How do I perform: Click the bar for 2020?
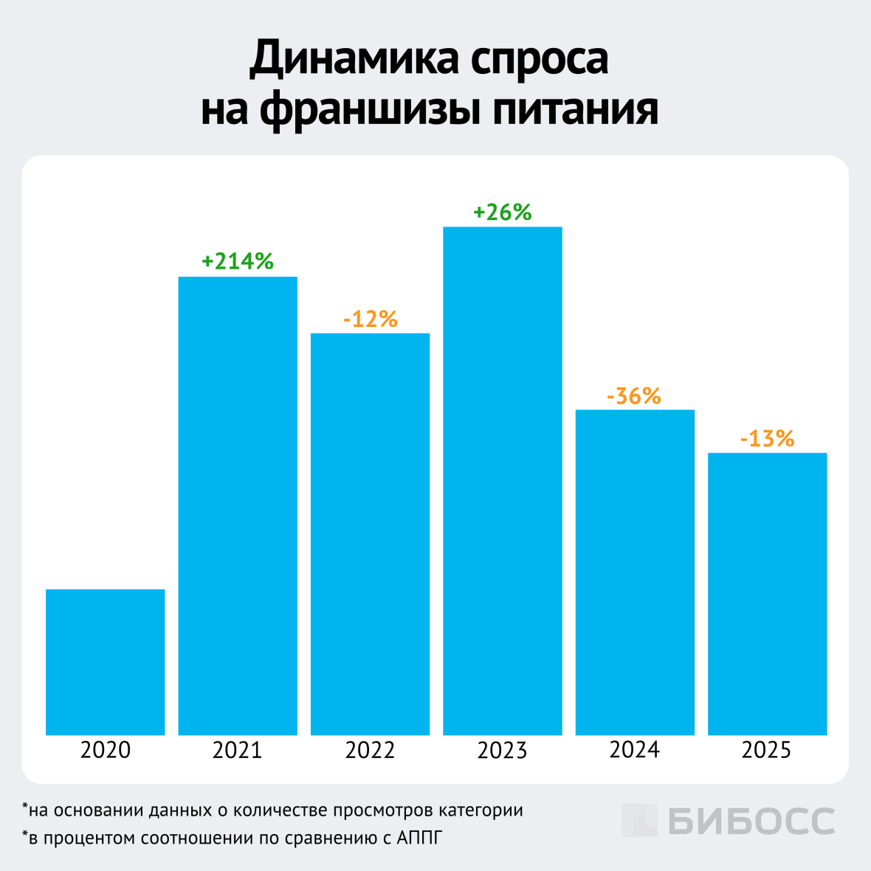coord(105,661)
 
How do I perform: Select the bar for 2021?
coord(238,506)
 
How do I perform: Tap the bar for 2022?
coord(370,534)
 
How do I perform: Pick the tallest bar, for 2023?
coord(502,481)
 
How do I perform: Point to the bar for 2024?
coord(635,572)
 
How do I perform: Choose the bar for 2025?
coord(767,593)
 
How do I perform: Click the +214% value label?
coord(238,261)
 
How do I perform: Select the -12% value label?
coord(370,319)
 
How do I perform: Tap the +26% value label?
coord(502,213)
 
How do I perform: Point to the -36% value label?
coord(634,396)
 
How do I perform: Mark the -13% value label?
coord(767,439)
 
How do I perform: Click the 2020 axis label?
coord(105,750)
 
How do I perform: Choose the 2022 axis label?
coord(370,750)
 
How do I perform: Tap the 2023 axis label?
coord(502,750)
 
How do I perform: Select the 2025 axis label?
coord(767,750)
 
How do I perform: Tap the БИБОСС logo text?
coord(751,821)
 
